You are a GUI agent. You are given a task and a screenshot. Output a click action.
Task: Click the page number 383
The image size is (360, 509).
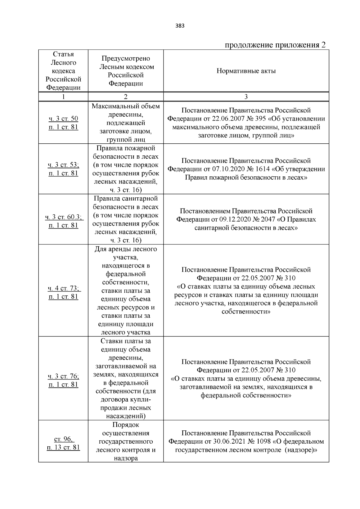coord(180,26)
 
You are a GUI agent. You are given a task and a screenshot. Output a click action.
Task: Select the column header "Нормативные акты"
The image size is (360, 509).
coord(246,71)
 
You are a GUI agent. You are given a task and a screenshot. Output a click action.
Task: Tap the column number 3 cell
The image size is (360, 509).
coord(246,97)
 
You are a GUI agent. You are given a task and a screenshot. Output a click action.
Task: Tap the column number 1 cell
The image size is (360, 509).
coord(63,97)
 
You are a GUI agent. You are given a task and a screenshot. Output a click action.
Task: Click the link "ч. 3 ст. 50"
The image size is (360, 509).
coord(63,119)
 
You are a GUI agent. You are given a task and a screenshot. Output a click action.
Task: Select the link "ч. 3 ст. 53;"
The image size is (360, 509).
coord(63,165)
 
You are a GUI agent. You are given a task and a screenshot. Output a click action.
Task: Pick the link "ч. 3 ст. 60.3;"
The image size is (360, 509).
coord(64,217)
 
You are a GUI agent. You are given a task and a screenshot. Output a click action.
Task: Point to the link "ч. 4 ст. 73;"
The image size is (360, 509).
coord(64,289)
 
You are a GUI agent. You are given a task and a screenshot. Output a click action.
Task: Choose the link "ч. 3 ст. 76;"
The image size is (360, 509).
coord(63,376)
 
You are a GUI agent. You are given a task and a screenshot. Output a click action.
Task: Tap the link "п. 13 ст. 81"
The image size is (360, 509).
coord(63,448)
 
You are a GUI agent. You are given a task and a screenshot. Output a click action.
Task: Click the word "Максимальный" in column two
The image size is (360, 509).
coord(126,106)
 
